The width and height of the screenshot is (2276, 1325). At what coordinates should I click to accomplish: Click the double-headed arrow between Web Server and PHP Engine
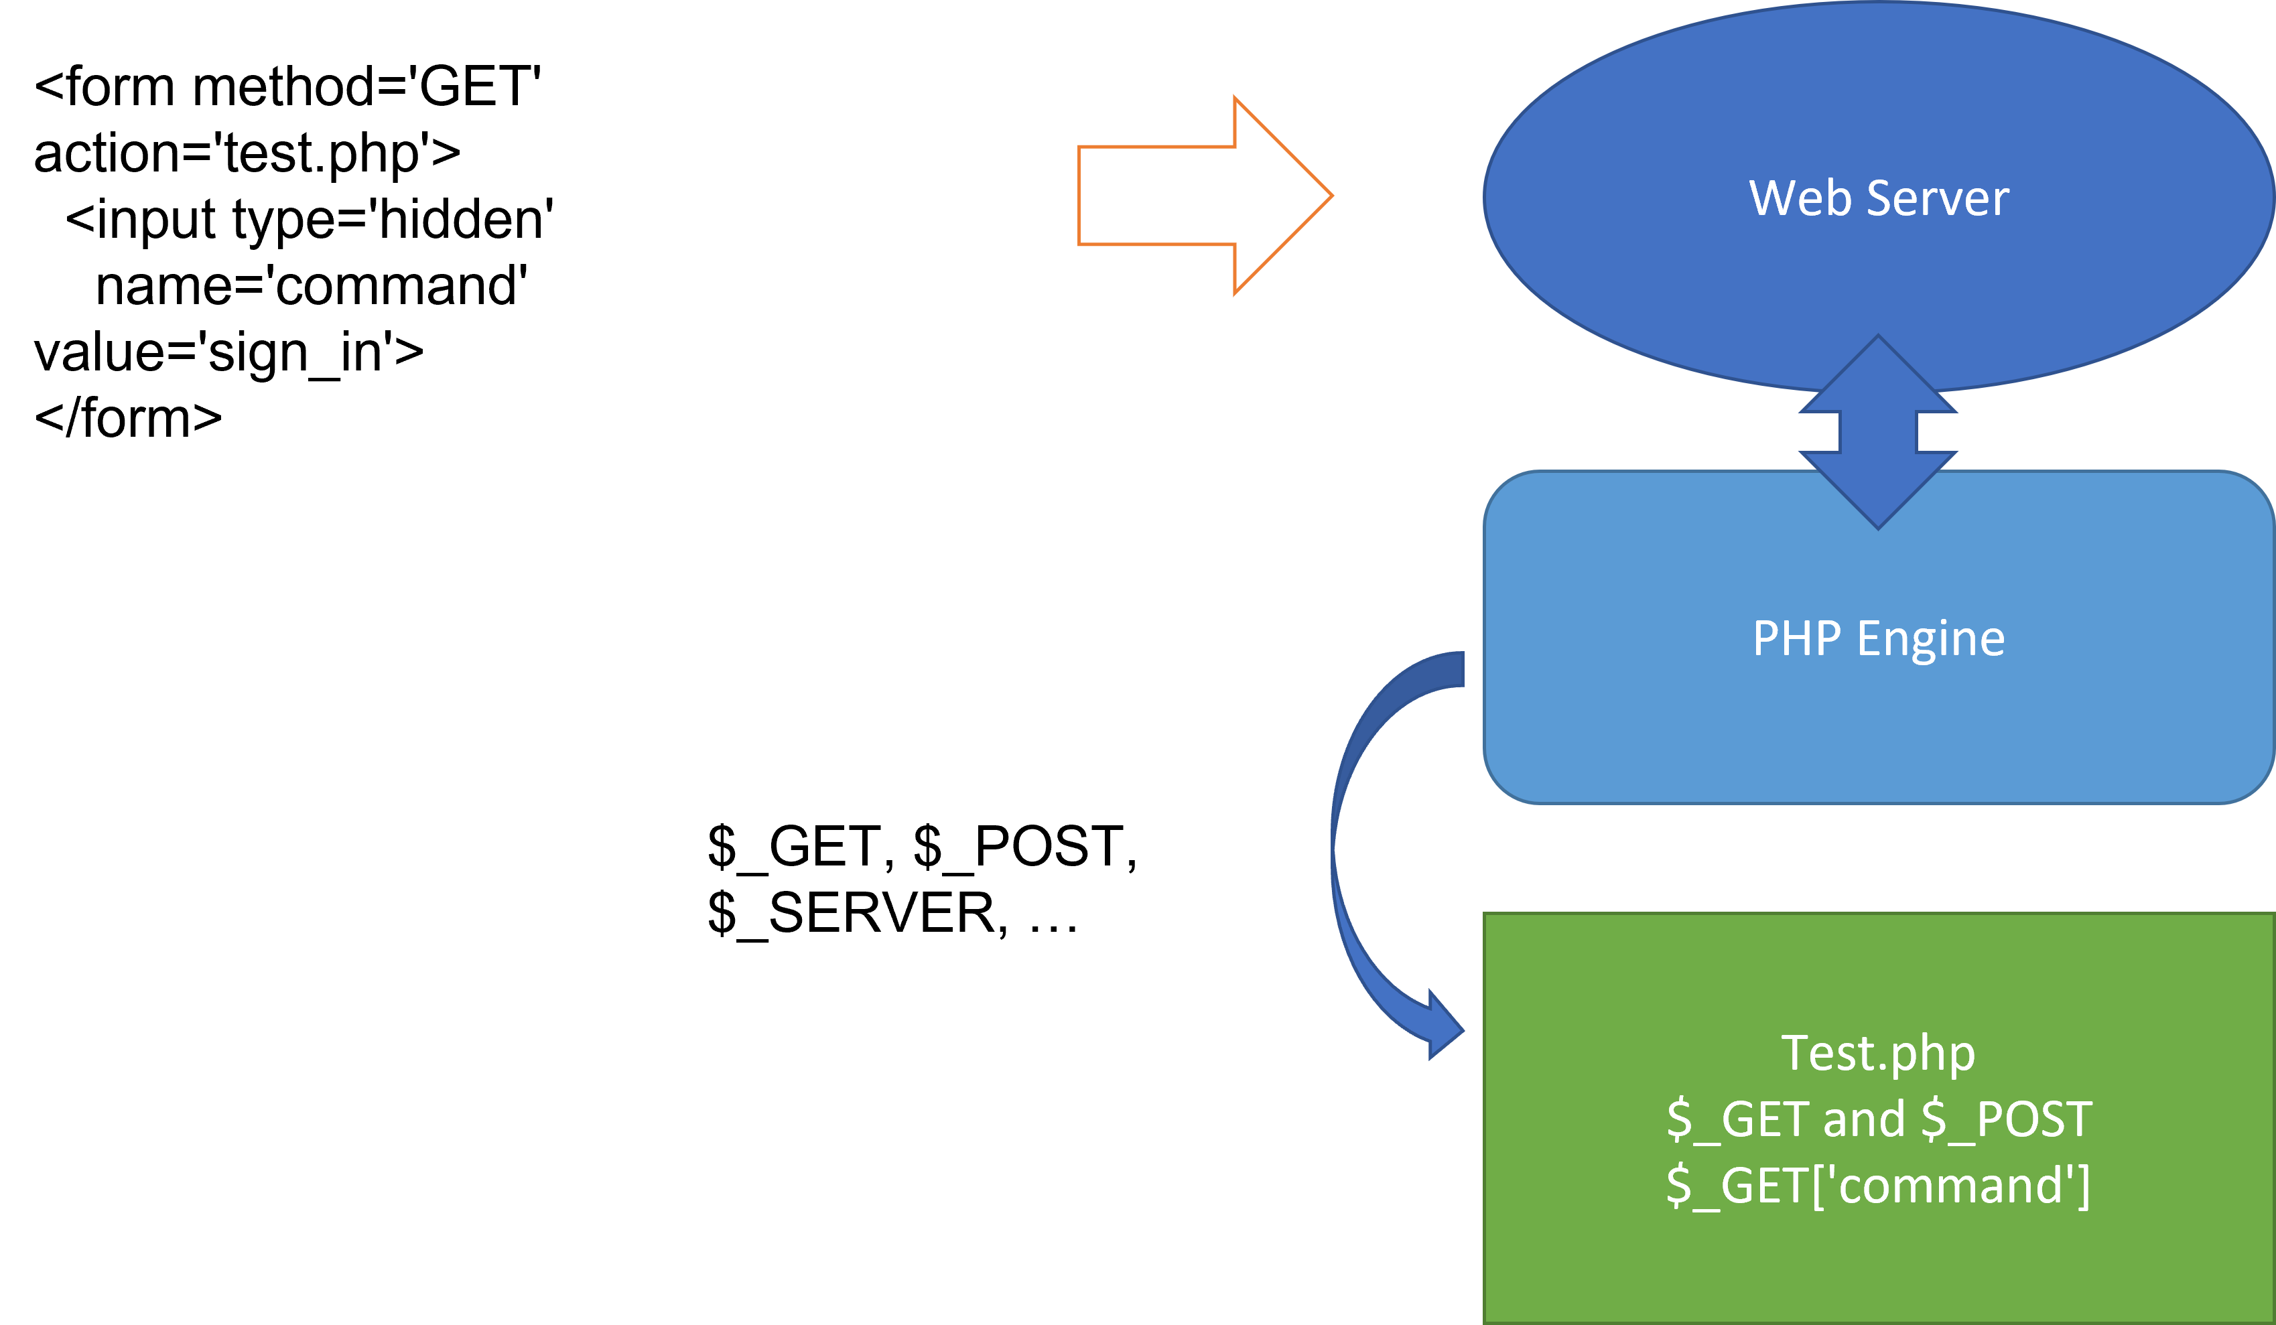tap(1878, 432)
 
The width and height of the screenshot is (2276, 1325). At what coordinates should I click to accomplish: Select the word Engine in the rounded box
tap(1931, 638)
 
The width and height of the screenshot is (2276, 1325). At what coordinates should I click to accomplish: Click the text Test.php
tap(1878, 1053)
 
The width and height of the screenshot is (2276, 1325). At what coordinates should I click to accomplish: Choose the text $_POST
tap(2006, 1120)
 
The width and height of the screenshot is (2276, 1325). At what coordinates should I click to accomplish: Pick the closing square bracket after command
tap(2083, 1186)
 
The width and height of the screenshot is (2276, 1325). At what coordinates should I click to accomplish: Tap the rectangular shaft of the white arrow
tap(1156, 195)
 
